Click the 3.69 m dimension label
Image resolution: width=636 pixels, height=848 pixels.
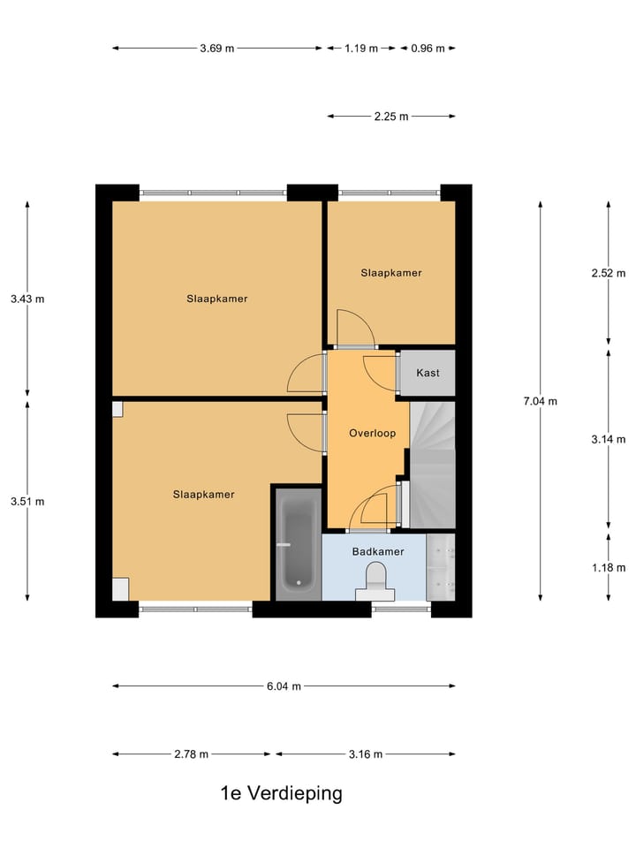point(216,49)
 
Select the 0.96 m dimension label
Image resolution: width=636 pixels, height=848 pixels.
point(428,49)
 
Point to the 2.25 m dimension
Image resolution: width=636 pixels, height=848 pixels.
point(391,116)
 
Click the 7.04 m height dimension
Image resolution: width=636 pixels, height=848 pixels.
point(540,401)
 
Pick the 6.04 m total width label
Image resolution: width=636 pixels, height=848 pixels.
point(284,686)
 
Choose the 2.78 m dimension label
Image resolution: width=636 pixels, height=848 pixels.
point(192,754)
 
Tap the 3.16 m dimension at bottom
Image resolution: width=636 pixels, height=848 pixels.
point(366,754)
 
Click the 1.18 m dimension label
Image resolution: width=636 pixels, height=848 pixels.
point(609,568)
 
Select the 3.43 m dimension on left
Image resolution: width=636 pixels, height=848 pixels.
point(27,299)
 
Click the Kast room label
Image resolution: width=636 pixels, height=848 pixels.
point(428,373)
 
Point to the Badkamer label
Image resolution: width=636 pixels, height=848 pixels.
point(378,552)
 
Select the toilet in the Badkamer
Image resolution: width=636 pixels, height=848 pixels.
point(375,583)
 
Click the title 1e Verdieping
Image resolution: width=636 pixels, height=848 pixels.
point(281,793)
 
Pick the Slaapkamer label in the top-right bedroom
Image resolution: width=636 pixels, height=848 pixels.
point(391,273)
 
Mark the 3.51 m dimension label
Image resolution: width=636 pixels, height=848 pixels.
point(27,502)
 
